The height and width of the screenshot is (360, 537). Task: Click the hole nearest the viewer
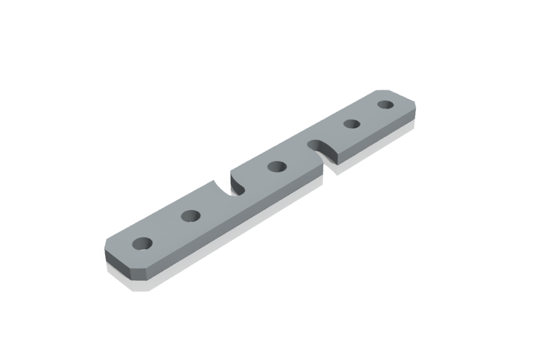(142, 244)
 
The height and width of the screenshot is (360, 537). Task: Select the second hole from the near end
(190, 216)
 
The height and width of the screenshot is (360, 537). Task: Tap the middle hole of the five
(277, 167)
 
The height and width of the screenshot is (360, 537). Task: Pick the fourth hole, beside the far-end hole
(352, 124)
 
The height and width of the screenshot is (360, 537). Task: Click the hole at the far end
(385, 105)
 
